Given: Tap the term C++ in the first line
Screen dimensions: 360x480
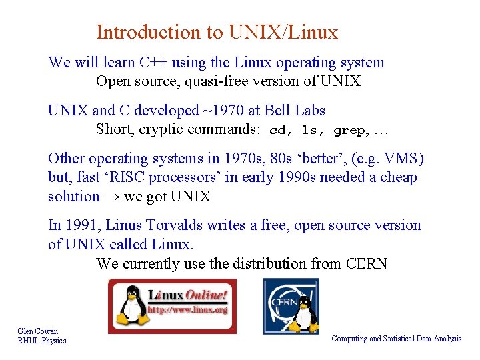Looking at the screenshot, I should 153,63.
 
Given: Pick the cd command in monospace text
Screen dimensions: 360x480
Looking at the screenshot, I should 279,131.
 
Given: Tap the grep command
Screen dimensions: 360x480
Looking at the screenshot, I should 349,131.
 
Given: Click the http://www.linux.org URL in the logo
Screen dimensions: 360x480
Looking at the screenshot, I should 187,310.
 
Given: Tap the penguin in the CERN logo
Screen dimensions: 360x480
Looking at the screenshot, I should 303,313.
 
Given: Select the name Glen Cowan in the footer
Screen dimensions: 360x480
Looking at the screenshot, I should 38,331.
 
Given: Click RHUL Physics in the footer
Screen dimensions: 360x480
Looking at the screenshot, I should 42,341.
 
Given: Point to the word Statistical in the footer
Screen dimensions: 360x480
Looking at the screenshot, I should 396,339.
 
